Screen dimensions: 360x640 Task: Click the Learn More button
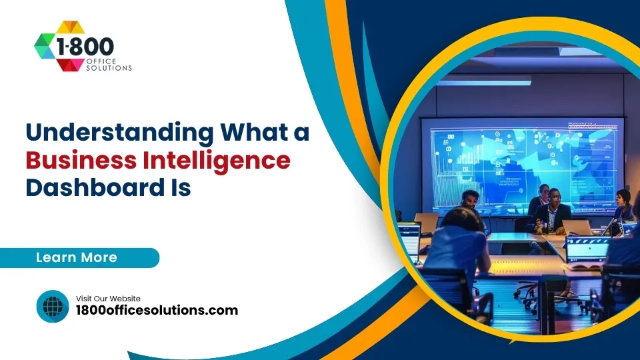(77, 257)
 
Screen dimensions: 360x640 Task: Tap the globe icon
(52, 306)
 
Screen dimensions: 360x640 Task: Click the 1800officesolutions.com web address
(157, 310)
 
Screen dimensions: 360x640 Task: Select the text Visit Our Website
(108, 298)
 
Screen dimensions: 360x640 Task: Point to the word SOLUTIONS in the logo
(109, 67)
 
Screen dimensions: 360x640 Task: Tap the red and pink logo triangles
(67, 64)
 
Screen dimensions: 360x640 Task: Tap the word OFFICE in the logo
(100, 61)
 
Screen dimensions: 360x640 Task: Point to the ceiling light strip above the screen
(485, 83)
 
